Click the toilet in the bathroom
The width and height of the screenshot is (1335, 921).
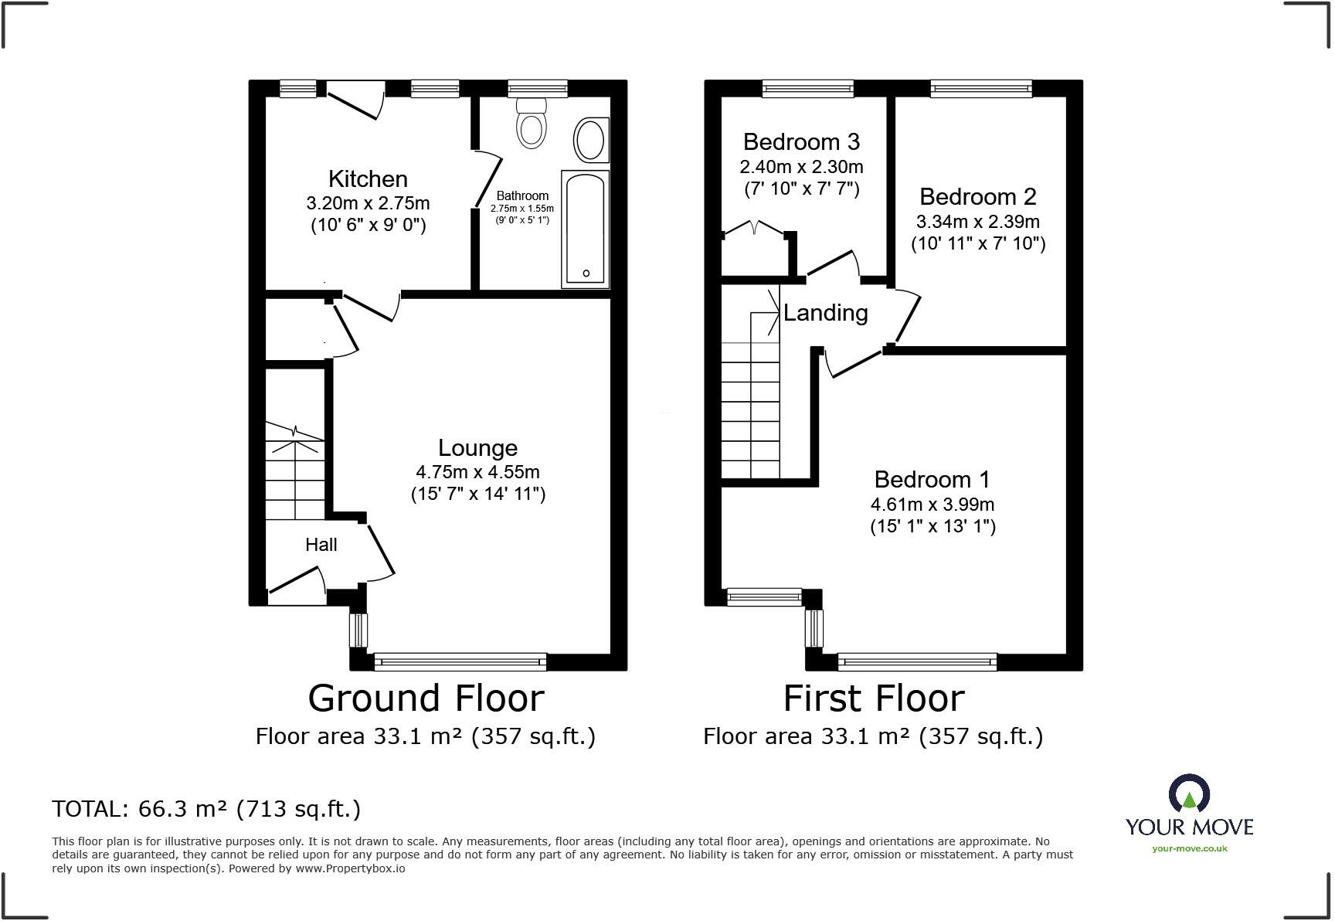tap(532, 125)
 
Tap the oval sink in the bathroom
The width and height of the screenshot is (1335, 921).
tap(590, 141)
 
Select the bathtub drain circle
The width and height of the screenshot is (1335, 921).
tap(586, 273)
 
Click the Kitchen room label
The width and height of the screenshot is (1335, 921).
tap(368, 178)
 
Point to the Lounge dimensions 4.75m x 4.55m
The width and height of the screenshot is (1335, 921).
tap(477, 471)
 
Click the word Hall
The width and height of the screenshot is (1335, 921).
tap(321, 545)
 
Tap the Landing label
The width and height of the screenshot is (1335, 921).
tap(825, 313)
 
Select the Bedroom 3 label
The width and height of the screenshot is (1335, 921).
tap(801, 141)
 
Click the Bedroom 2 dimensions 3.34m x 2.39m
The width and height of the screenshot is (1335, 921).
tap(977, 222)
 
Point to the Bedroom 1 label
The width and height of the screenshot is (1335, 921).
tap(932, 479)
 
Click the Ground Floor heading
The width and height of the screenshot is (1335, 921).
tap(426, 698)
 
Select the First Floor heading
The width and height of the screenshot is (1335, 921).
tap(874, 698)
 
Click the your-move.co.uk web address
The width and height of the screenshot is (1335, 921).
tap(1189, 848)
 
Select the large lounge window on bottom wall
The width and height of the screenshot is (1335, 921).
tap(460, 661)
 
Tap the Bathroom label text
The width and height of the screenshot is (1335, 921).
tap(522, 195)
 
